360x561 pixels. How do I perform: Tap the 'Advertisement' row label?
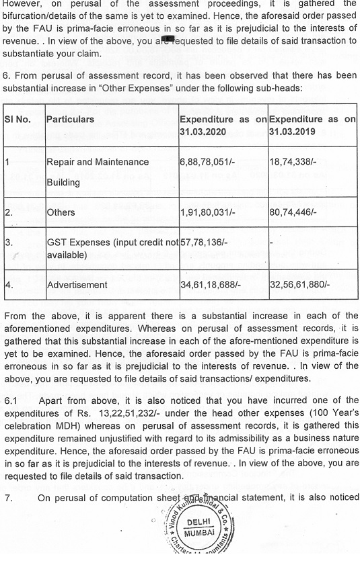tap(77, 285)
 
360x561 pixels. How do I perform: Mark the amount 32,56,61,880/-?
tap(299, 285)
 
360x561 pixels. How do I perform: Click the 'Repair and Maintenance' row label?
tap(98, 162)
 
